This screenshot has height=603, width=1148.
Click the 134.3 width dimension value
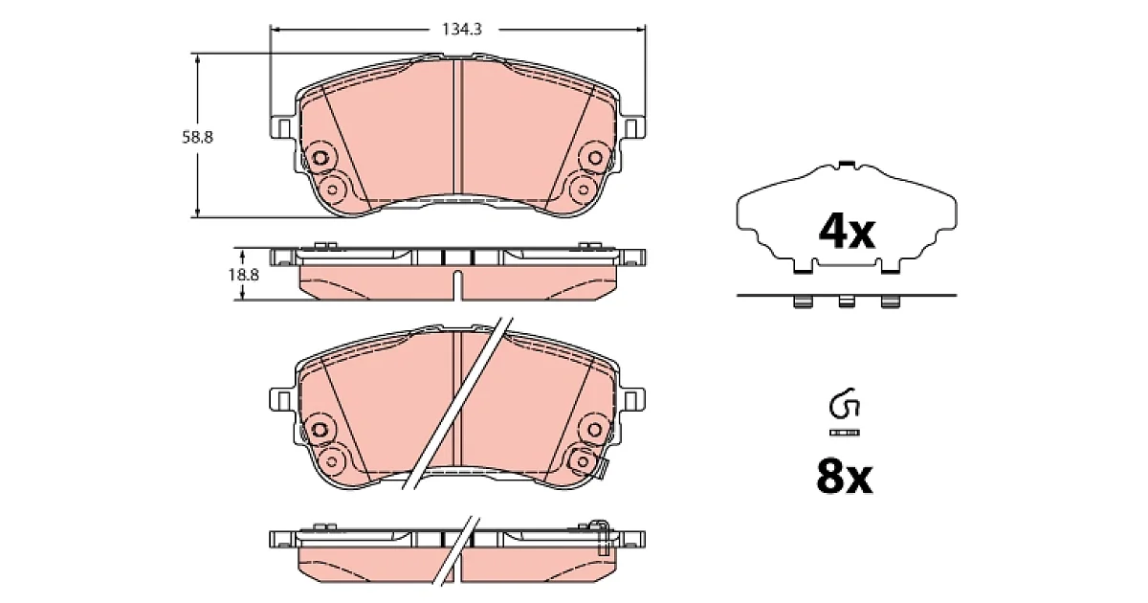pos(462,30)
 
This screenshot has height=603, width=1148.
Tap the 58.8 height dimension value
pos(197,138)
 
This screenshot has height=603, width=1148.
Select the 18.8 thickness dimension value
pos(243,276)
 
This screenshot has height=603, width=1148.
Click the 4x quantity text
pos(847,233)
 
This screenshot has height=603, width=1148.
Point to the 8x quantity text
pos(845,478)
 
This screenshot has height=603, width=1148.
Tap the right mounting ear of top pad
pos(634,127)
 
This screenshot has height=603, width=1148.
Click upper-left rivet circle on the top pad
pos(320,157)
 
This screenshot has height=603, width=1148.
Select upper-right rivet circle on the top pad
pos(595,157)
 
